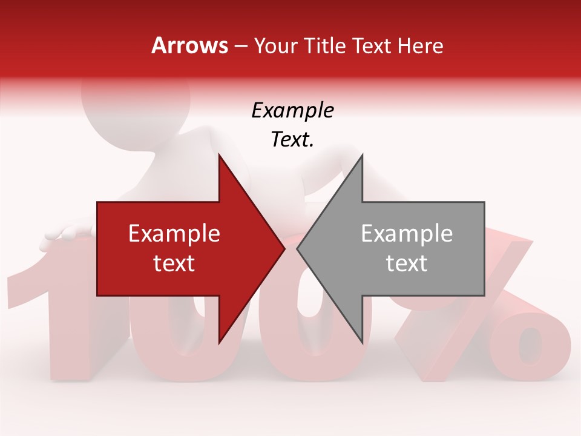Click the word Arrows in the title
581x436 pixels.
pos(190,45)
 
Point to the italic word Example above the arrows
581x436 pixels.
pos(292,111)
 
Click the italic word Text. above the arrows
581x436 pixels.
pos(292,140)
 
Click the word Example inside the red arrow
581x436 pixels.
pos(174,234)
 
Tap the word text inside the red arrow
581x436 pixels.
pos(174,263)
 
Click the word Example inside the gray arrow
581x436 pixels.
pos(407,234)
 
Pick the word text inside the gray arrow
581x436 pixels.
pos(407,263)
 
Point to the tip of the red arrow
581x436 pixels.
pos(283,248)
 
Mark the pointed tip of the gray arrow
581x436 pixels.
pos(299,248)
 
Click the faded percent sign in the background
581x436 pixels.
pos(496,315)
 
